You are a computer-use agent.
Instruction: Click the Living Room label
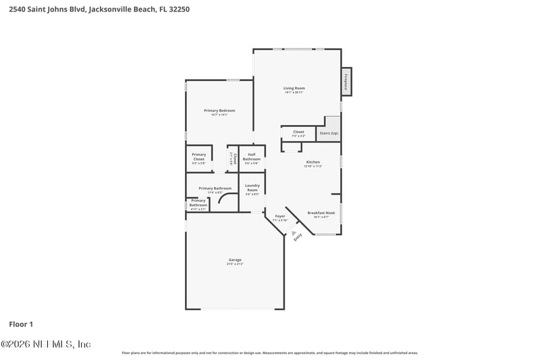[294, 88]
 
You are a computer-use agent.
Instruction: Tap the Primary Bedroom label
[219, 111]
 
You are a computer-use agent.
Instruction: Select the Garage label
[235, 260]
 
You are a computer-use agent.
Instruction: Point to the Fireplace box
[346, 81]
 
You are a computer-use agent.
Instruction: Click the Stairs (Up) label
[329, 133]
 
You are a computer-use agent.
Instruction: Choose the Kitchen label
[313, 163]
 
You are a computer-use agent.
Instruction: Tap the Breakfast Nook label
[321, 213]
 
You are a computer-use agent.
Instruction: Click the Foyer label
[279, 217]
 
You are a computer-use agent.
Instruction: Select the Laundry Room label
[252, 188]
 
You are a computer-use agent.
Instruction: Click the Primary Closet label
[198, 156]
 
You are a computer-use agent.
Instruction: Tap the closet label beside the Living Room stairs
[298, 132]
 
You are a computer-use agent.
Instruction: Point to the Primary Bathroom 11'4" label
[215, 189]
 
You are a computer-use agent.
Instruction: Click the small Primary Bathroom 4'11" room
[198, 203]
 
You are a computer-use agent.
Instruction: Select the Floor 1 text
[20, 324]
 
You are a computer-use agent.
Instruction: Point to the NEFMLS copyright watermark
[45, 344]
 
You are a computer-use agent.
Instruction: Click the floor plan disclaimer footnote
[269, 353]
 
